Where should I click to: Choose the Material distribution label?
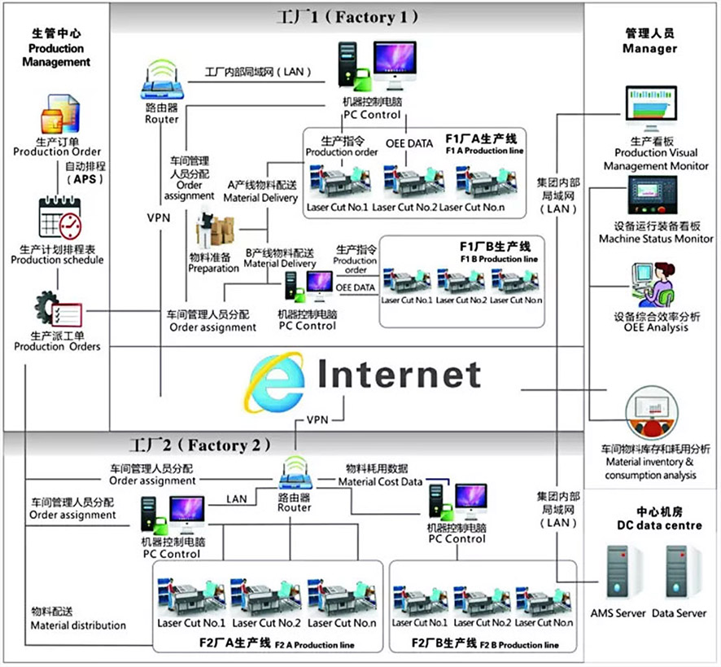78,618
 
